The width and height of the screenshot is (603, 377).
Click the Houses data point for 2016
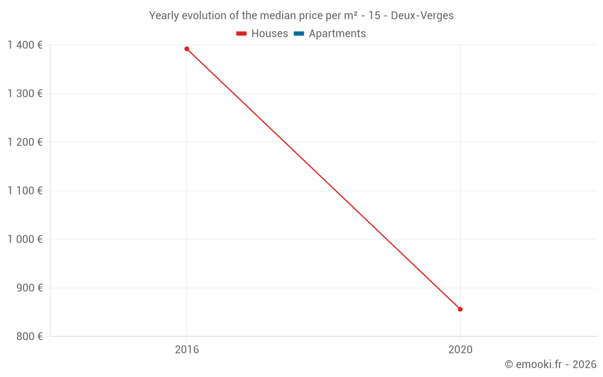[x=187, y=49]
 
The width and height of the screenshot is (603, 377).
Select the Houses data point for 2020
[x=460, y=309]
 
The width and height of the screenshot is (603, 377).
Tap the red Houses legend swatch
[x=242, y=34]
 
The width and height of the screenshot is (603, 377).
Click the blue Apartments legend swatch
[x=299, y=34]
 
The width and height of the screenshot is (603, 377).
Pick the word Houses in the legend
[x=270, y=34]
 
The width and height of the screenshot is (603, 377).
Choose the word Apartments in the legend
[x=337, y=34]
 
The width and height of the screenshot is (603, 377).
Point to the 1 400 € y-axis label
[x=25, y=45]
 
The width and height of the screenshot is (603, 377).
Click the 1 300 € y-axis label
[x=25, y=93]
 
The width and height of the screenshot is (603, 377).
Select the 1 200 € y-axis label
[x=25, y=142]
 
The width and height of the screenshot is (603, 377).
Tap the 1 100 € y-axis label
[x=25, y=191]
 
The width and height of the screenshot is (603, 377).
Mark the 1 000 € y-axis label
[x=25, y=239]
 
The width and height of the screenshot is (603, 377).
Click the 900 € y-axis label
[x=28, y=288]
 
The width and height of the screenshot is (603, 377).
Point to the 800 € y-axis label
[x=28, y=336]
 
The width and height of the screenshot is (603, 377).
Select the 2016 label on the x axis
[x=187, y=349]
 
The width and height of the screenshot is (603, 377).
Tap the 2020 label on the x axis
[x=460, y=349]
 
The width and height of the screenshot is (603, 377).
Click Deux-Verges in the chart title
[x=422, y=16]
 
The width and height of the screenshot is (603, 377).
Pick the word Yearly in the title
[x=164, y=16]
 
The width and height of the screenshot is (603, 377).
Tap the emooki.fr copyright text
[x=551, y=364]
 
